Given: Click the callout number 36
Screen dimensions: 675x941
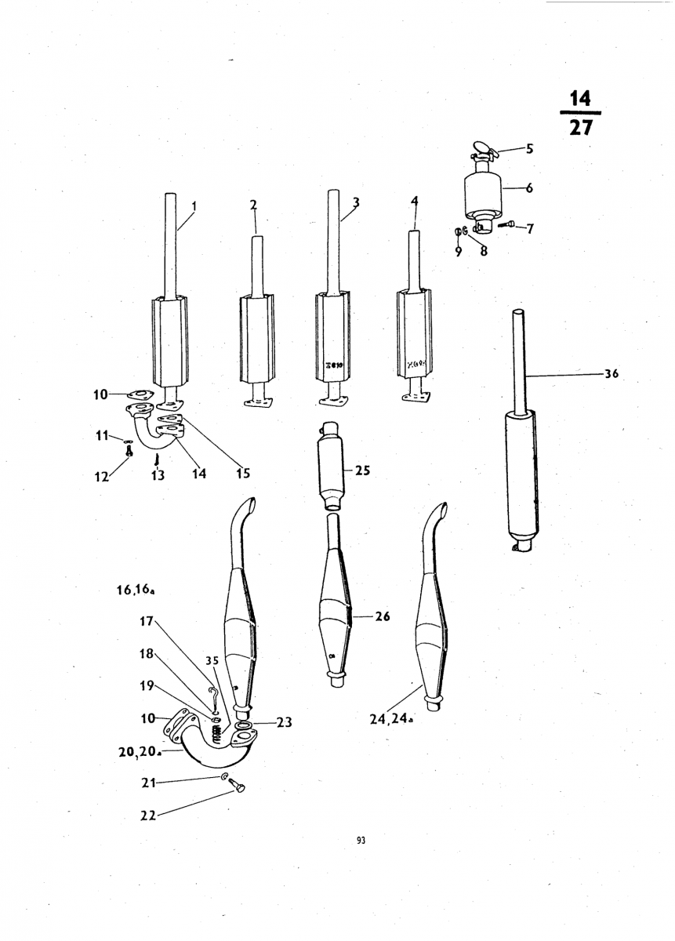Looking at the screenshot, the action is click(611, 373).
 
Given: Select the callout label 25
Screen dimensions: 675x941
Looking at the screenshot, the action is click(362, 470).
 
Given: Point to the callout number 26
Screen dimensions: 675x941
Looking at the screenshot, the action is click(383, 616).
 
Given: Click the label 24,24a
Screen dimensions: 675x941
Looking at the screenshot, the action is click(391, 719).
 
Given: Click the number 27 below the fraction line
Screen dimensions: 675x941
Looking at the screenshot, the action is click(580, 127).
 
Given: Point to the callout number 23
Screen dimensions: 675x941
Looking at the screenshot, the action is click(284, 722).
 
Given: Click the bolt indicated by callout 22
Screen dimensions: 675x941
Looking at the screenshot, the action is click(238, 783).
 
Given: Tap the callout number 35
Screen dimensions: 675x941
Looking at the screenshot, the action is click(212, 661).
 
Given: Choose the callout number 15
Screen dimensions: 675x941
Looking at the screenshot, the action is click(243, 474).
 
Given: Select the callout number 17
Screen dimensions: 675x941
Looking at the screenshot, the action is click(147, 621).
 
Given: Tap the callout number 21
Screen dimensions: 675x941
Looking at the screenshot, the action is click(148, 783).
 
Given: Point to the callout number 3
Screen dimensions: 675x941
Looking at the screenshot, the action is click(356, 203).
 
